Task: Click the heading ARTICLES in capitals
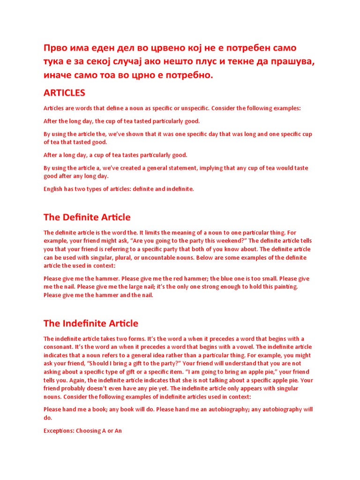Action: pos(64,93)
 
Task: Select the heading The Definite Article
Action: pos(87,217)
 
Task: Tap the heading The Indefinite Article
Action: pos(90,323)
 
